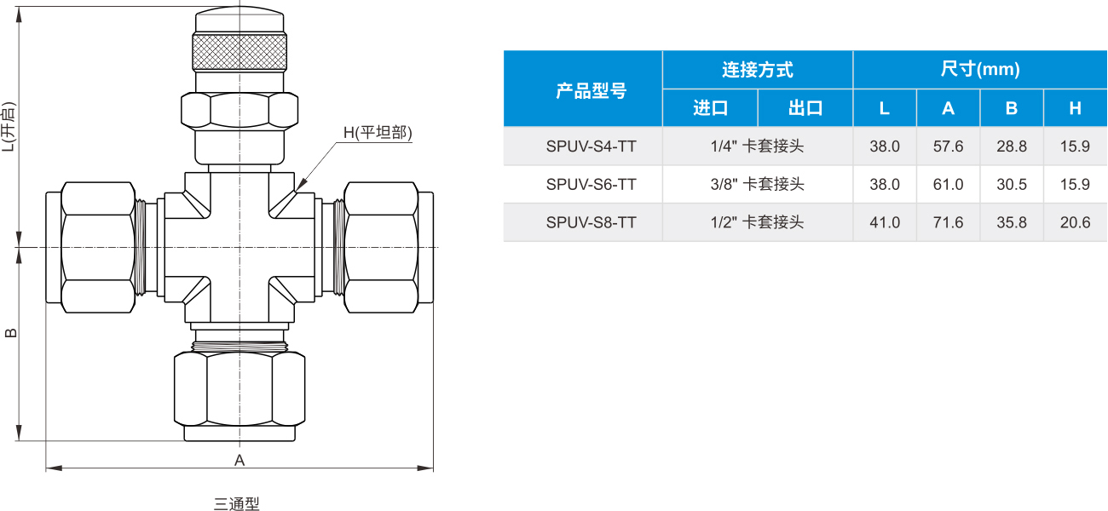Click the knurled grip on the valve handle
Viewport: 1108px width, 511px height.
click(239, 52)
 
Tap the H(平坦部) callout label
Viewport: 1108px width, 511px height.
click(378, 133)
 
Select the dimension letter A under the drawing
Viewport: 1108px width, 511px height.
click(239, 460)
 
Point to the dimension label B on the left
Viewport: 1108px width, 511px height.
click(10, 333)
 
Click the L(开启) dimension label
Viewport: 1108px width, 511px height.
click(9, 127)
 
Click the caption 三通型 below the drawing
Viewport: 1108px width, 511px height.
click(236, 503)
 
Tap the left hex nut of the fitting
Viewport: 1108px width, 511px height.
click(98, 247)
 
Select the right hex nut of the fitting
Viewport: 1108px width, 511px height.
click(381, 247)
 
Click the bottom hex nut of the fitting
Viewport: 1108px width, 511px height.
click(239, 388)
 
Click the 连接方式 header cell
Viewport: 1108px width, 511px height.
click(758, 70)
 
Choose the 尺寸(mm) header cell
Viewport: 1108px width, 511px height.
click(980, 69)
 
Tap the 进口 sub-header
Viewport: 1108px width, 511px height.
click(710, 107)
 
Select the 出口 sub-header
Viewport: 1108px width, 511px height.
click(805, 107)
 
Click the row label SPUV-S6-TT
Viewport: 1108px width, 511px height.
click(592, 184)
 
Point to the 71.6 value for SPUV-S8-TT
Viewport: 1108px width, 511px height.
click(949, 222)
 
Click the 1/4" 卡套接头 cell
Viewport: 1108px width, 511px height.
click(758, 146)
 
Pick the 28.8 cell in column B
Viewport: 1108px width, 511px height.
click(1012, 146)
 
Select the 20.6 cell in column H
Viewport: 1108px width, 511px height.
click(1075, 222)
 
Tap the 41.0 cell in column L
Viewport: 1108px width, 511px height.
click(885, 222)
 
